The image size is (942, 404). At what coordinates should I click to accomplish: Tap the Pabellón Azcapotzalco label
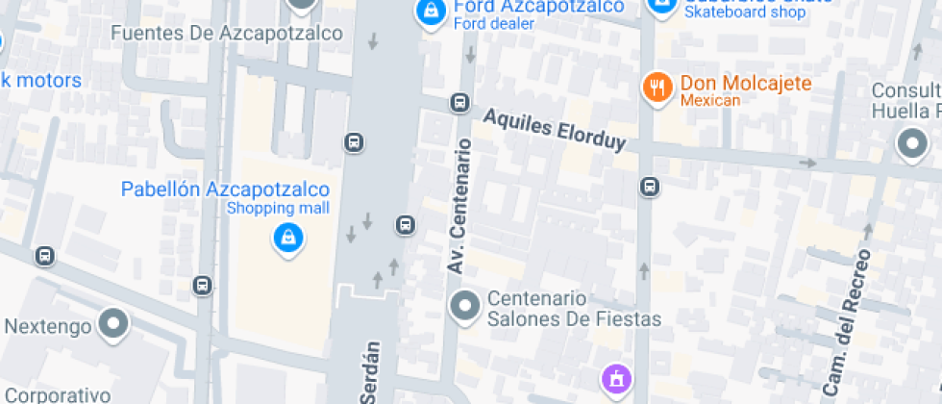click(225, 189)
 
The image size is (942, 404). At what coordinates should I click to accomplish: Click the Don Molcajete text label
click(745, 84)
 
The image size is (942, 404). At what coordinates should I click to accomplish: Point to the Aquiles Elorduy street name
click(555, 129)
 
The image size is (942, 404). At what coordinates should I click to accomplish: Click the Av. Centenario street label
click(459, 206)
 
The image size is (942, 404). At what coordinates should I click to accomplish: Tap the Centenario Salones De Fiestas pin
click(466, 307)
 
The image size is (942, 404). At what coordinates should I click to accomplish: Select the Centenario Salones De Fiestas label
click(575, 309)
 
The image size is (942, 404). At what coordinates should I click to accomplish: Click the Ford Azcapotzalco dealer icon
click(429, 12)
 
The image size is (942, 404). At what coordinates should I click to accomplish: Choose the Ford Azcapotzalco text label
click(538, 8)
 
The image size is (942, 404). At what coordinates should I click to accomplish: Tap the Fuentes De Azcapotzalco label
click(227, 34)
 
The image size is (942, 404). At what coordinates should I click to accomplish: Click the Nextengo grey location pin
click(114, 324)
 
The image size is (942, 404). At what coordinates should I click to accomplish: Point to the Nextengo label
click(47, 326)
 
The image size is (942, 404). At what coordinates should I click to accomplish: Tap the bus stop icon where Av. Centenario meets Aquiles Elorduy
click(460, 103)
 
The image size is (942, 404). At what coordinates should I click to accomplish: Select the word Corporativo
click(58, 394)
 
